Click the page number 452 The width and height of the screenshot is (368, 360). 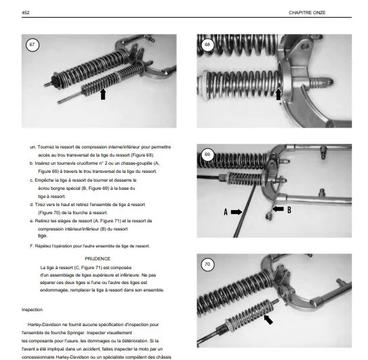pos(26,13)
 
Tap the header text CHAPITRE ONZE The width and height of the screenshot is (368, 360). pos(307,13)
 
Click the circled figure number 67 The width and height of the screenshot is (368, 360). pos(32,45)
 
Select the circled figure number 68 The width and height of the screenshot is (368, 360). pos(207,44)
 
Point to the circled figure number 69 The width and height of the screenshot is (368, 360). pos(207,155)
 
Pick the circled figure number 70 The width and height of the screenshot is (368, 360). pos(207,264)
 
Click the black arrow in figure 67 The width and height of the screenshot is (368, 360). pos(103,94)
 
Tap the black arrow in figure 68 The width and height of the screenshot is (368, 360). pos(278,94)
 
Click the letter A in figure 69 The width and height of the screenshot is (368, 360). pos(226,212)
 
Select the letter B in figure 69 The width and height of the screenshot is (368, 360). pos(289,209)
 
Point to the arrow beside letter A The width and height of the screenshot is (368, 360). pos(237,212)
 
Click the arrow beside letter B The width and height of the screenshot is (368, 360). pos(278,209)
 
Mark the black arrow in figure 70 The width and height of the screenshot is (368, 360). pos(268,320)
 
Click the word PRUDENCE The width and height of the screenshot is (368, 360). pos(98,259)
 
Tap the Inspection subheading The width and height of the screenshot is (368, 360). pos(32,310)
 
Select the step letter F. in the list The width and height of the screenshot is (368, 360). pos(32,246)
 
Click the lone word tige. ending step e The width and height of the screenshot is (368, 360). pos(43,236)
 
